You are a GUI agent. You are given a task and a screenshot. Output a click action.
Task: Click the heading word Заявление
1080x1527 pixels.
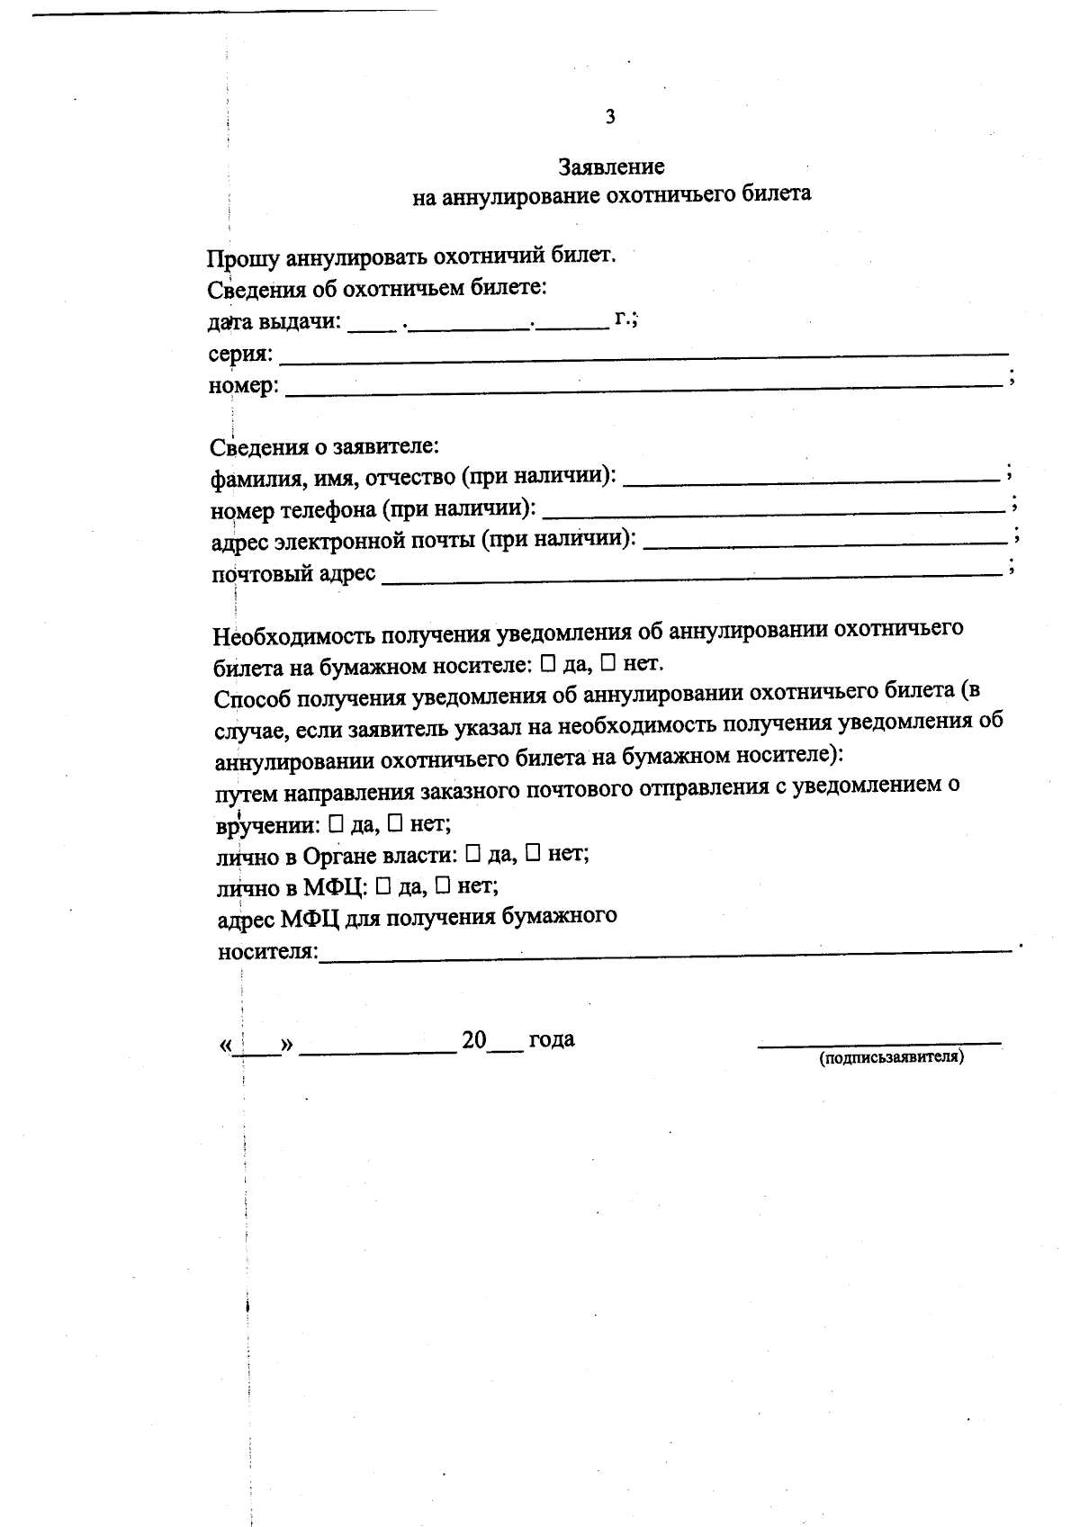611,166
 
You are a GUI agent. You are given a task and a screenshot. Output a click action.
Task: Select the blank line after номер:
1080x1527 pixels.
643,387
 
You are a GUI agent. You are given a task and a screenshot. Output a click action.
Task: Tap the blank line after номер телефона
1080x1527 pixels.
774,509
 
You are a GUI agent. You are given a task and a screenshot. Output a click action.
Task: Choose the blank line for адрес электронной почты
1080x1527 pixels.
826,542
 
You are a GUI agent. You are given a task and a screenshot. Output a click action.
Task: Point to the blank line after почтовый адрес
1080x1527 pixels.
691,575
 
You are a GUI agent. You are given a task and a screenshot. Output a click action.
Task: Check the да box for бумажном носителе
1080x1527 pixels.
549,665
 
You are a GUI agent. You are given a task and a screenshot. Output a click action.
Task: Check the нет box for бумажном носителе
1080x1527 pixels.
608,665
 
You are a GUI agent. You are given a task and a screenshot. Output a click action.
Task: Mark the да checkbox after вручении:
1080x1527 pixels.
337,823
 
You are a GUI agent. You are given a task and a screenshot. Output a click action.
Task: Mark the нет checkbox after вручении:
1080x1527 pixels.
395,823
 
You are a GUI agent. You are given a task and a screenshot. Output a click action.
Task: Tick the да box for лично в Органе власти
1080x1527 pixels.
473,854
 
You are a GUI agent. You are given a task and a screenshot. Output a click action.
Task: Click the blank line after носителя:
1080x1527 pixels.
666,951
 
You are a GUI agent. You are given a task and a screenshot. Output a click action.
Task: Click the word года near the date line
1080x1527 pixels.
551,1040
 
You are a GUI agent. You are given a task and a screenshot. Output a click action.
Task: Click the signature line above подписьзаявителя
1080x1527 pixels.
879,1045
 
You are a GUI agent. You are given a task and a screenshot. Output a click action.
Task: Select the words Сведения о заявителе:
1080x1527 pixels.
325,446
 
